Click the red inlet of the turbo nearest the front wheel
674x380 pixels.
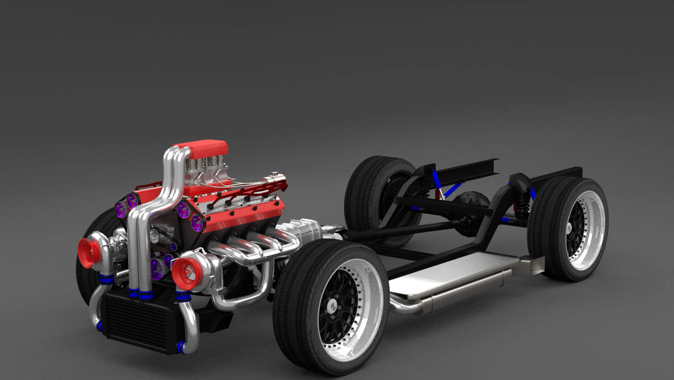(186, 273)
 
